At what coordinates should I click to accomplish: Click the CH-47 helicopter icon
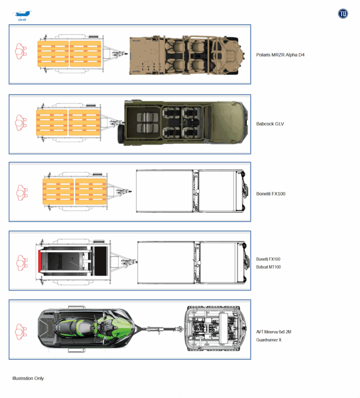22,14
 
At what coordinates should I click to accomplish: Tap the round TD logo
343,13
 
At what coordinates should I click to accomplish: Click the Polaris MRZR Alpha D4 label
280,55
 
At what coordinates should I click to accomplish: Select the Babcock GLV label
270,124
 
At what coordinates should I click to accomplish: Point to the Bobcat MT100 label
268,267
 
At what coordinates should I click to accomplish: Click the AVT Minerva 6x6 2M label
274,332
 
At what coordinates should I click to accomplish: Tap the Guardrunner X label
269,340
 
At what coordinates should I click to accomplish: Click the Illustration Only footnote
28,378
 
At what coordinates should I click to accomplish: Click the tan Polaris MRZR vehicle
187,55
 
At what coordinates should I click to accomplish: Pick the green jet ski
86,328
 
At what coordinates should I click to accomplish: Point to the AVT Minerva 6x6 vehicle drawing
215,329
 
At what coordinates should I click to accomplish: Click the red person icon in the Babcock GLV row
21,123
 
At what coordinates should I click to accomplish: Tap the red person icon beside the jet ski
21,332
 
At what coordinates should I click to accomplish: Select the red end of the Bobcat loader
40,261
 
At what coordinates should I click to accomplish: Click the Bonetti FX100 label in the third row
271,194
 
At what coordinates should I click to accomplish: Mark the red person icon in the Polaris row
21,51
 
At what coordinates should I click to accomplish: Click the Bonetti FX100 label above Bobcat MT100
268,259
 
